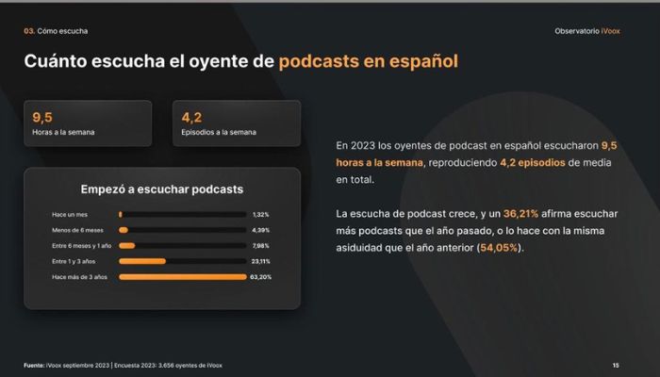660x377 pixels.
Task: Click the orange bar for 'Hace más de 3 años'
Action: tap(183, 277)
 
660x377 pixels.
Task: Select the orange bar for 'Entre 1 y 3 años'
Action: tap(142, 261)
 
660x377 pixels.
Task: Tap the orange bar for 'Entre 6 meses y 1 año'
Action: tap(127, 246)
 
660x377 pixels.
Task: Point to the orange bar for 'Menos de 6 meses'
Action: tap(124, 230)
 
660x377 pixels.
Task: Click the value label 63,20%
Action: tap(260, 277)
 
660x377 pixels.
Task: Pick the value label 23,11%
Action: tap(260, 261)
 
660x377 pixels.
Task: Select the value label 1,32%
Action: tap(260, 215)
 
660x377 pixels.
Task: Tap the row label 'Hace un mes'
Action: tap(70, 215)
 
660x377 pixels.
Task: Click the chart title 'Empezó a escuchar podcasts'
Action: tap(162, 189)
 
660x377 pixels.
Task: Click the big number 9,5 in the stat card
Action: tap(42, 118)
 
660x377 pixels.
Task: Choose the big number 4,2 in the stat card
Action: tap(191, 118)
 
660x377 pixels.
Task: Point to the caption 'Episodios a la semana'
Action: tap(219, 132)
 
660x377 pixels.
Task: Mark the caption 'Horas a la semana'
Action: tap(63, 132)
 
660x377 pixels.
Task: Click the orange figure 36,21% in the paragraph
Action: tap(520, 214)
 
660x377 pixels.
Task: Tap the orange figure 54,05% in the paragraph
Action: tap(499, 248)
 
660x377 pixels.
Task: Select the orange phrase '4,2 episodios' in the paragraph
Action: tap(533, 163)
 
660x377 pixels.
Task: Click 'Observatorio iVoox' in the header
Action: tap(587, 31)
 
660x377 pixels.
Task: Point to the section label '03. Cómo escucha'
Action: tap(56, 31)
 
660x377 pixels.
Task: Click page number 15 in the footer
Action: tap(616, 366)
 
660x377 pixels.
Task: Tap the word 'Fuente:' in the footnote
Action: tap(34, 366)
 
